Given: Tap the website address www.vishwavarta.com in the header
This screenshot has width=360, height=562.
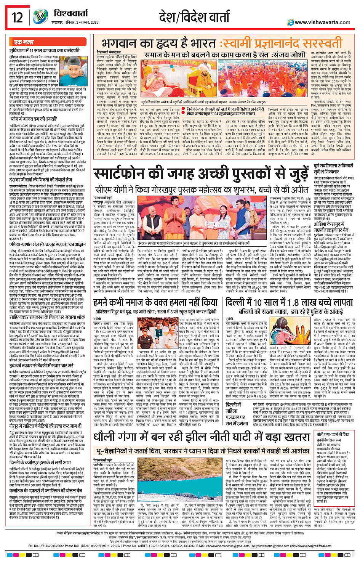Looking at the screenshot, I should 322,22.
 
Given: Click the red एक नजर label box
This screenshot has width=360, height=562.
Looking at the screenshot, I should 24,42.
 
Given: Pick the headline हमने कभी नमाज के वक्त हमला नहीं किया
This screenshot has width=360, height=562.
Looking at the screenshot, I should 155,303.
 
